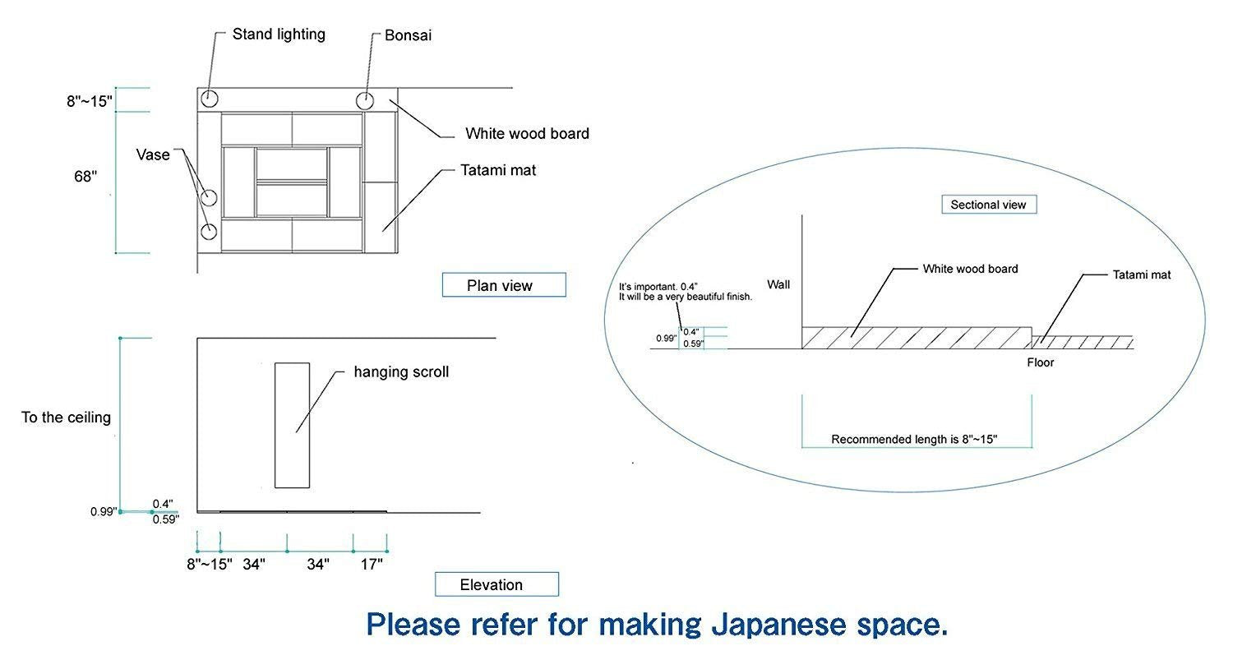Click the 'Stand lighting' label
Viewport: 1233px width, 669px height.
tap(278, 35)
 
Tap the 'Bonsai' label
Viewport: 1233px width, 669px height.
tap(408, 35)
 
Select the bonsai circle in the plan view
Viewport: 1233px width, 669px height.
tap(365, 101)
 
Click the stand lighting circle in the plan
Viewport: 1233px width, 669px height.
tap(209, 99)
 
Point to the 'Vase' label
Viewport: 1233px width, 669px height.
tap(153, 155)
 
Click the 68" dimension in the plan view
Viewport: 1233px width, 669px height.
tap(85, 176)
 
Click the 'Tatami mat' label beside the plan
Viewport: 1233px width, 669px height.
tap(498, 170)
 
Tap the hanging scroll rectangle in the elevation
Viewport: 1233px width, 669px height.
tap(292, 425)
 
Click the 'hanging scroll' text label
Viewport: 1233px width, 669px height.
tap(401, 371)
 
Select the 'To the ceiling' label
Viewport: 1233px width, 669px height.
tap(66, 418)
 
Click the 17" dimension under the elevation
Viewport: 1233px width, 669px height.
tap(372, 564)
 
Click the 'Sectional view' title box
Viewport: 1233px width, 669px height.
tap(988, 205)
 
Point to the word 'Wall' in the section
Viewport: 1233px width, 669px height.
tap(778, 284)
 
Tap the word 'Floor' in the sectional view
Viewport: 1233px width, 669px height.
tap(1040, 362)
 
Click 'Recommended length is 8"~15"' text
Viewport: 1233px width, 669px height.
tap(914, 439)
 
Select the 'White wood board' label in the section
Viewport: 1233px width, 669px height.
tap(970, 269)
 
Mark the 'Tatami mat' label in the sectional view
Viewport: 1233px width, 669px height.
tap(1141, 275)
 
